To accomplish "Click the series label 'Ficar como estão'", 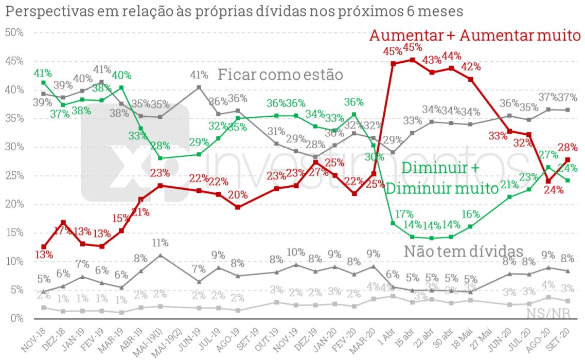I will [280, 75].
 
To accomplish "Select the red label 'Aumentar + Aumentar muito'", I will [475, 35].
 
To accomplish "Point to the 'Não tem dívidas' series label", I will [464, 251].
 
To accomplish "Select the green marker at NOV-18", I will [44, 82].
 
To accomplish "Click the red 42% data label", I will [471, 66].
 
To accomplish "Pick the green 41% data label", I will [44, 73].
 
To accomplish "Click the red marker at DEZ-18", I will [63, 223].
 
